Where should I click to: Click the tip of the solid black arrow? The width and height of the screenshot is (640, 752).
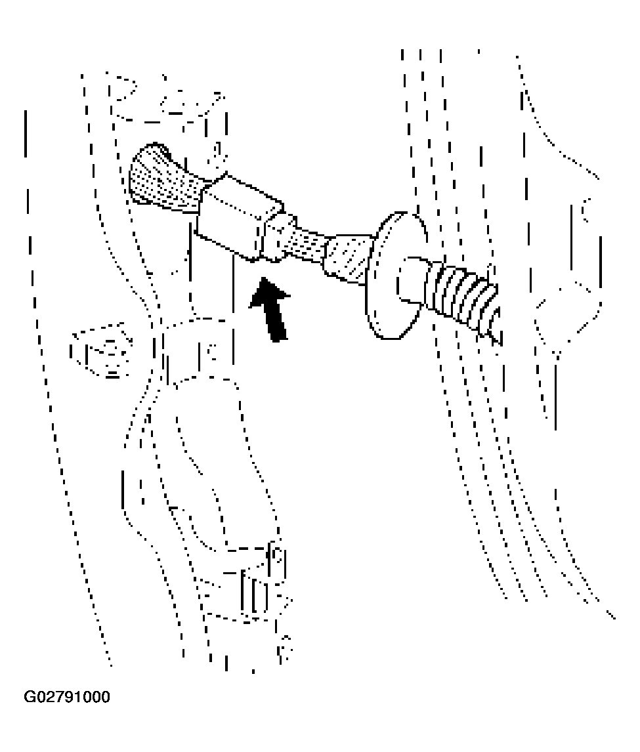click(263, 278)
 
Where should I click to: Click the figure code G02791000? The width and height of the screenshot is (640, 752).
click(67, 697)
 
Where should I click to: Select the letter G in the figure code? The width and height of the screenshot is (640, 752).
click(30, 697)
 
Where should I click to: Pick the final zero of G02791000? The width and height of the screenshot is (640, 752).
click(106, 697)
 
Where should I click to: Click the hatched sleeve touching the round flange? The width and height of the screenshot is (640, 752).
click(347, 259)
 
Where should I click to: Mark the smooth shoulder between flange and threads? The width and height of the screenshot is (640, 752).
click(414, 281)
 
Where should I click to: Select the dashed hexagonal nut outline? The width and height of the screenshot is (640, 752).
click(100, 350)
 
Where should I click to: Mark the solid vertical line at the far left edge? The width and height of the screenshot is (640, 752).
click(25, 133)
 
